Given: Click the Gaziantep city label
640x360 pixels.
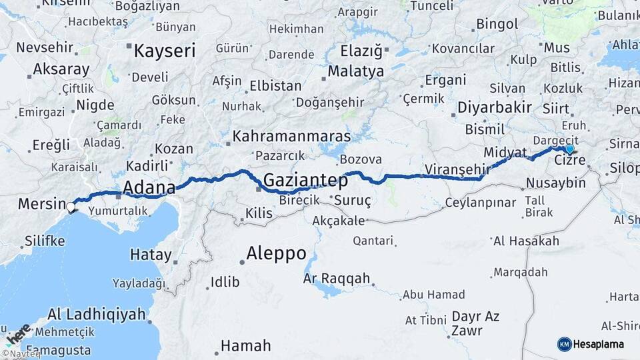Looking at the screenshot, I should [x=306, y=180].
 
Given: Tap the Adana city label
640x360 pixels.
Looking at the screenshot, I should [x=149, y=187].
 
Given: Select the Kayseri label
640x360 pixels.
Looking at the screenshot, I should [x=165, y=51].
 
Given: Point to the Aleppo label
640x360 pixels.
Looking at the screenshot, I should [x=276, y=253].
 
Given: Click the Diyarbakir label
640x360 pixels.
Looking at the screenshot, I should [x=494, y=107].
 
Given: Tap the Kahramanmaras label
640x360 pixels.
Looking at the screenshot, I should [x=291, y=137].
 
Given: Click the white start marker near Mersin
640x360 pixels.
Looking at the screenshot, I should [x=71, y=207].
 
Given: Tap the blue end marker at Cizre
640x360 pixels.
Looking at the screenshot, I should [x=569, y=149].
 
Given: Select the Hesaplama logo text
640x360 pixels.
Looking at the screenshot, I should [x=599, y=345].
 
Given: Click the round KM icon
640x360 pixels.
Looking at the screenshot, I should [x=565, y=344].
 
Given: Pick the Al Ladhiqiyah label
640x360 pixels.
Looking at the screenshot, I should [x=97, y=314].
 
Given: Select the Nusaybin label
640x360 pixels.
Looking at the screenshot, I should [x=555, y=183].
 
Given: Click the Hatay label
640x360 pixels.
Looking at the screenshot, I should [x=151, y=254].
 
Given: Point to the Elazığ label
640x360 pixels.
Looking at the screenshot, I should [x=361, y=51].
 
